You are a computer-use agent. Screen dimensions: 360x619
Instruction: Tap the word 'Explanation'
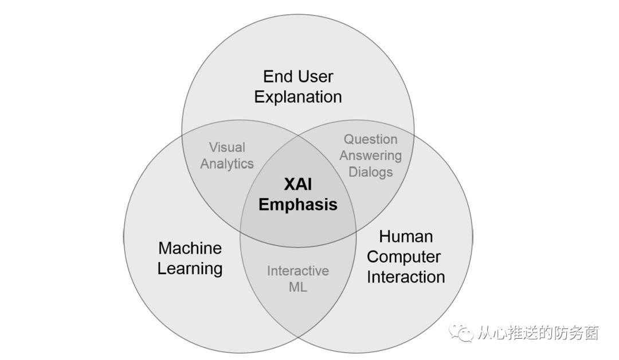click(x=297, y=97)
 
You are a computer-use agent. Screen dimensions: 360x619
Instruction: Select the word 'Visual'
click(x=226, y=147)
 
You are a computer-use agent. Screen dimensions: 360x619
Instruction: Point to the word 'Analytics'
click(x=226, y=163)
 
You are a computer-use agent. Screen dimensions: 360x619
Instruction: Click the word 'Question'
click(x=370, y=139)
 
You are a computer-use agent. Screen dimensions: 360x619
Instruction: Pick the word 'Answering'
click(x=370, y=155)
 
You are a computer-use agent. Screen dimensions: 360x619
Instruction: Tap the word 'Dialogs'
click(x=370, y=171)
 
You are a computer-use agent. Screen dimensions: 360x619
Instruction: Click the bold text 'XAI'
click(x=297, y=184)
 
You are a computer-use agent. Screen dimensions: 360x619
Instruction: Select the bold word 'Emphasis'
click(x=297, y=205)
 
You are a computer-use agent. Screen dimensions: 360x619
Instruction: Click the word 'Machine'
click(x=190, y=248)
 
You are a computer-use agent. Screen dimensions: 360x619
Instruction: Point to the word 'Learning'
click(x=190, y=268)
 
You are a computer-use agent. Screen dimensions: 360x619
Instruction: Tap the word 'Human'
click(x=406, y=236)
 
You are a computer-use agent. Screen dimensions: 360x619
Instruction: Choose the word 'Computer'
click(x=406, y=256)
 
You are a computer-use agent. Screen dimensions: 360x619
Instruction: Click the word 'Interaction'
click(x=406, y=277)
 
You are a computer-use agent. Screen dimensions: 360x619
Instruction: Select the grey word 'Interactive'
click(x=297, y=271)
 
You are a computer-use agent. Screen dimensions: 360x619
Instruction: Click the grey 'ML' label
click(x=297, y=287)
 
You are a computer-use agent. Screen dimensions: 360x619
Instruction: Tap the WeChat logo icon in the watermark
click(x=461, y=333)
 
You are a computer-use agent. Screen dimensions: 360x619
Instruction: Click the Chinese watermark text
click(x=538, y=333)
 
